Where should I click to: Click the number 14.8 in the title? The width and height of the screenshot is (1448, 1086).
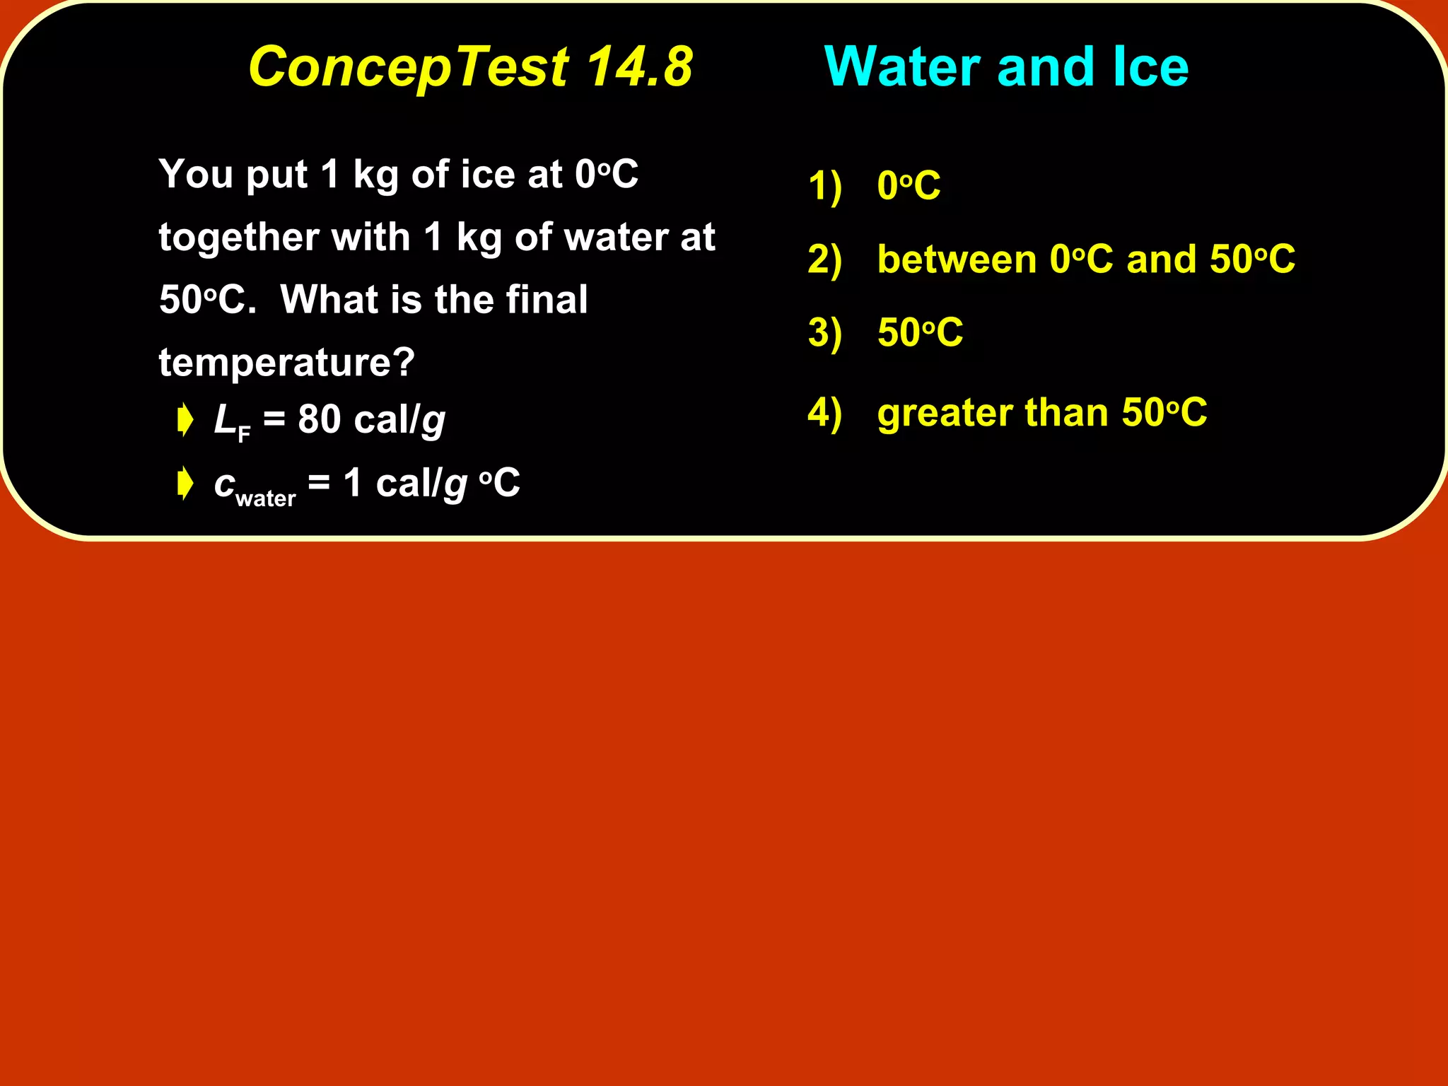pos(639,67)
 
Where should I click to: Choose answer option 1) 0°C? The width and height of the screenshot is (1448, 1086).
pos(909,186)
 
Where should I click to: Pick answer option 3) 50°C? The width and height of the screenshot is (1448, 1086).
pos(920,332)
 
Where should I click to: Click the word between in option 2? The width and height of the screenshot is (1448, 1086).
pos(957,259)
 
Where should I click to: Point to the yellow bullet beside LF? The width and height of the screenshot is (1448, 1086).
pos(185,420)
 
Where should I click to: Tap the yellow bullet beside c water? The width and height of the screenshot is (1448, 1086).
pos(185,484)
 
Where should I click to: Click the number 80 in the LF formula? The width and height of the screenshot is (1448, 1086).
pos(320,419)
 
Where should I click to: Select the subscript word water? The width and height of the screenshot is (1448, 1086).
pos(265,498)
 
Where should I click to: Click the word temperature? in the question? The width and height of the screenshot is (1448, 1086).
pos(286,363)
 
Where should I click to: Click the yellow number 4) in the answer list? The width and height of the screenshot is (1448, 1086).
pos(824,413)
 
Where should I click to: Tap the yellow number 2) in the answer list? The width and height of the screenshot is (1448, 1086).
pos(824,259)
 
